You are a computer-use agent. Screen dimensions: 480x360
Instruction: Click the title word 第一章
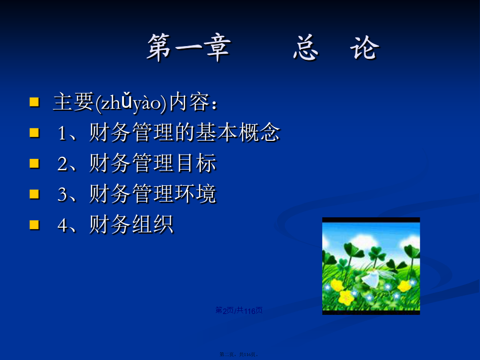pos(189,48)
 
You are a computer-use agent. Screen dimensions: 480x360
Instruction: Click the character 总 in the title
pos(305,48)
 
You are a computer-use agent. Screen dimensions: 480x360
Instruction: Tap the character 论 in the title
pos(365,48)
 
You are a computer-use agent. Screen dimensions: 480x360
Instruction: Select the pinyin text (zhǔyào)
pos(131,103)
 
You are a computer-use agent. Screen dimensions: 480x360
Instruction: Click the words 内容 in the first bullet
pos(189,102)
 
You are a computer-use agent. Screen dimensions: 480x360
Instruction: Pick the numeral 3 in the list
pos(62,194)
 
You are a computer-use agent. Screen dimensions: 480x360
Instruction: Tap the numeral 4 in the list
pos(62,225)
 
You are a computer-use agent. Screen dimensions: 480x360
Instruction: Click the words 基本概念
pos(238,132)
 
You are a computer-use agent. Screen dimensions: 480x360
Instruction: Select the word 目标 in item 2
pos(197,163)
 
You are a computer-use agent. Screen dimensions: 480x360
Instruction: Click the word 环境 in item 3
pos(195,193)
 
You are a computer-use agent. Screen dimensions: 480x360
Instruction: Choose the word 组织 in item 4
pos(153,224)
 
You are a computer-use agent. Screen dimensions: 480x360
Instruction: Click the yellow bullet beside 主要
pos(34,102)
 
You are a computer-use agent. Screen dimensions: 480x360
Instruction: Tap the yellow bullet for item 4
pos(34,225)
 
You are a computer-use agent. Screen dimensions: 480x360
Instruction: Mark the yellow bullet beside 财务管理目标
pos(34,163)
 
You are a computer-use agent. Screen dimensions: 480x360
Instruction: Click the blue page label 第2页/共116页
pos(239,310)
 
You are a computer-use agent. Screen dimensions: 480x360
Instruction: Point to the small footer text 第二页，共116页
pos(239,355)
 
